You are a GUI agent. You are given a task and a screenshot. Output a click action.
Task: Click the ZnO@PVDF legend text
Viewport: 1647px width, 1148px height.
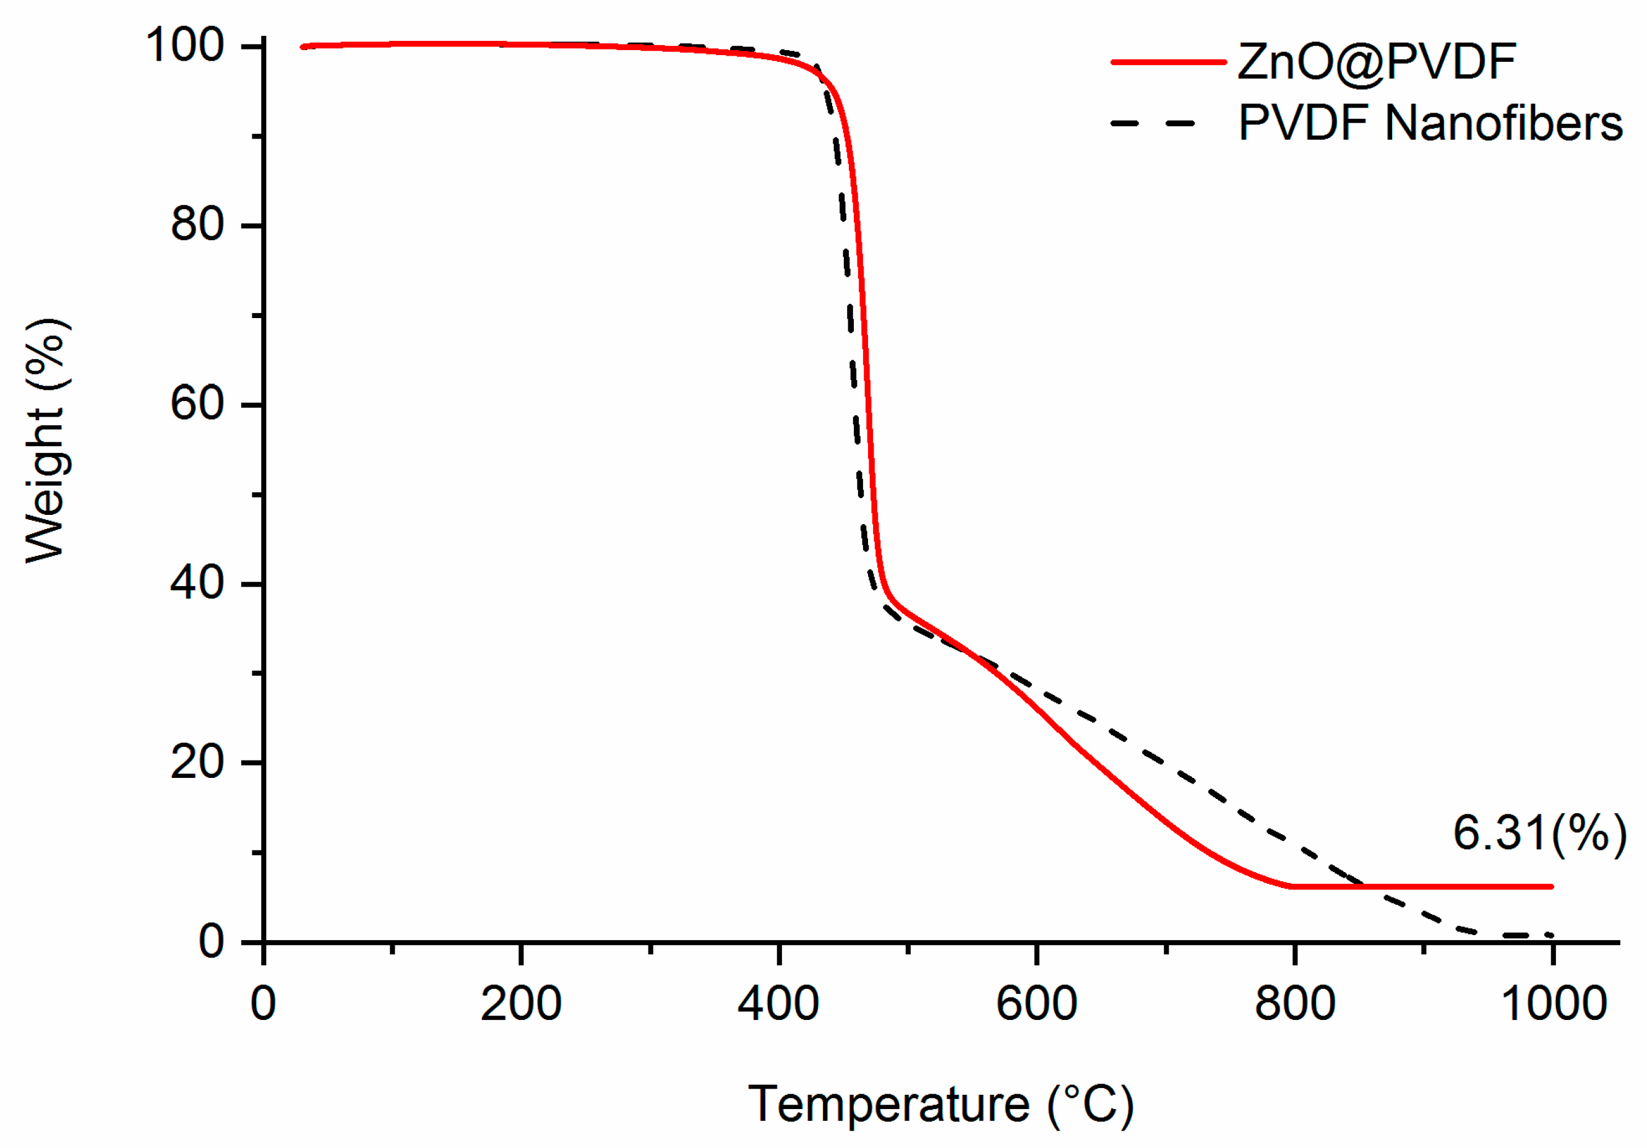click(x=1376, y=62)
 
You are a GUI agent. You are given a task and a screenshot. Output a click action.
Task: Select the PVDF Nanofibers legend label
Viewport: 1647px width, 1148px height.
click(x=1430, y=123)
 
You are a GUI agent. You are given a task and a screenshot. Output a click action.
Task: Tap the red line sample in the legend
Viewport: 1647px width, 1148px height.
click(x=1168, y=62)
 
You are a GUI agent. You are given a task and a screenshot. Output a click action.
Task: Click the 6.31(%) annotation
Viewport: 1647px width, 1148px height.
click(x=1539, y=834)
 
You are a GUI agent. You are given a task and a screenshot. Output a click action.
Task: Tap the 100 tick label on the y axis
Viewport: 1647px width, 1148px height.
click(x=184, y=45)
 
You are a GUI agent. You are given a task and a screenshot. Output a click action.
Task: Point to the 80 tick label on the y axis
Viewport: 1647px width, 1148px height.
click(x=197, y=224)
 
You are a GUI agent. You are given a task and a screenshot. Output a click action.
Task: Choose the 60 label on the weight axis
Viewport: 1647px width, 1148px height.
click(x=197, y=404)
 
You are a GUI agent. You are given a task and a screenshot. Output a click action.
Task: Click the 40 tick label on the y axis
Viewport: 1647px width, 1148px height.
click(x=197, y=582)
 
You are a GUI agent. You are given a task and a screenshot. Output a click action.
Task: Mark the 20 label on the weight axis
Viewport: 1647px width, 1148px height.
click(x=197, y=762)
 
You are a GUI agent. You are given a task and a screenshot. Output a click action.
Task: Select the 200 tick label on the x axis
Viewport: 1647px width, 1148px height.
click(x=521, y=1003)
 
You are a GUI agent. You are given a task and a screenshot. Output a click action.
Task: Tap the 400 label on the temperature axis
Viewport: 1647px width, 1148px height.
click(x=778, y=1003)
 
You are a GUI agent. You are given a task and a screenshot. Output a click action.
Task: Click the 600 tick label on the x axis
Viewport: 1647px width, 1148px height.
click(x=1036, y=1003)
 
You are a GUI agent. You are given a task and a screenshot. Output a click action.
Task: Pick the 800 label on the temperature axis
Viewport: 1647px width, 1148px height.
click(x=1295, y=1003)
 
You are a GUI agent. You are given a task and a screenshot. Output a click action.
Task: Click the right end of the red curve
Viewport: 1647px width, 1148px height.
click(x=1551, y=887)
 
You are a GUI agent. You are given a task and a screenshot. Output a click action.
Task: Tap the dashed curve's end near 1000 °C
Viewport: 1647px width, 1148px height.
click(x=1551, y=936)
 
